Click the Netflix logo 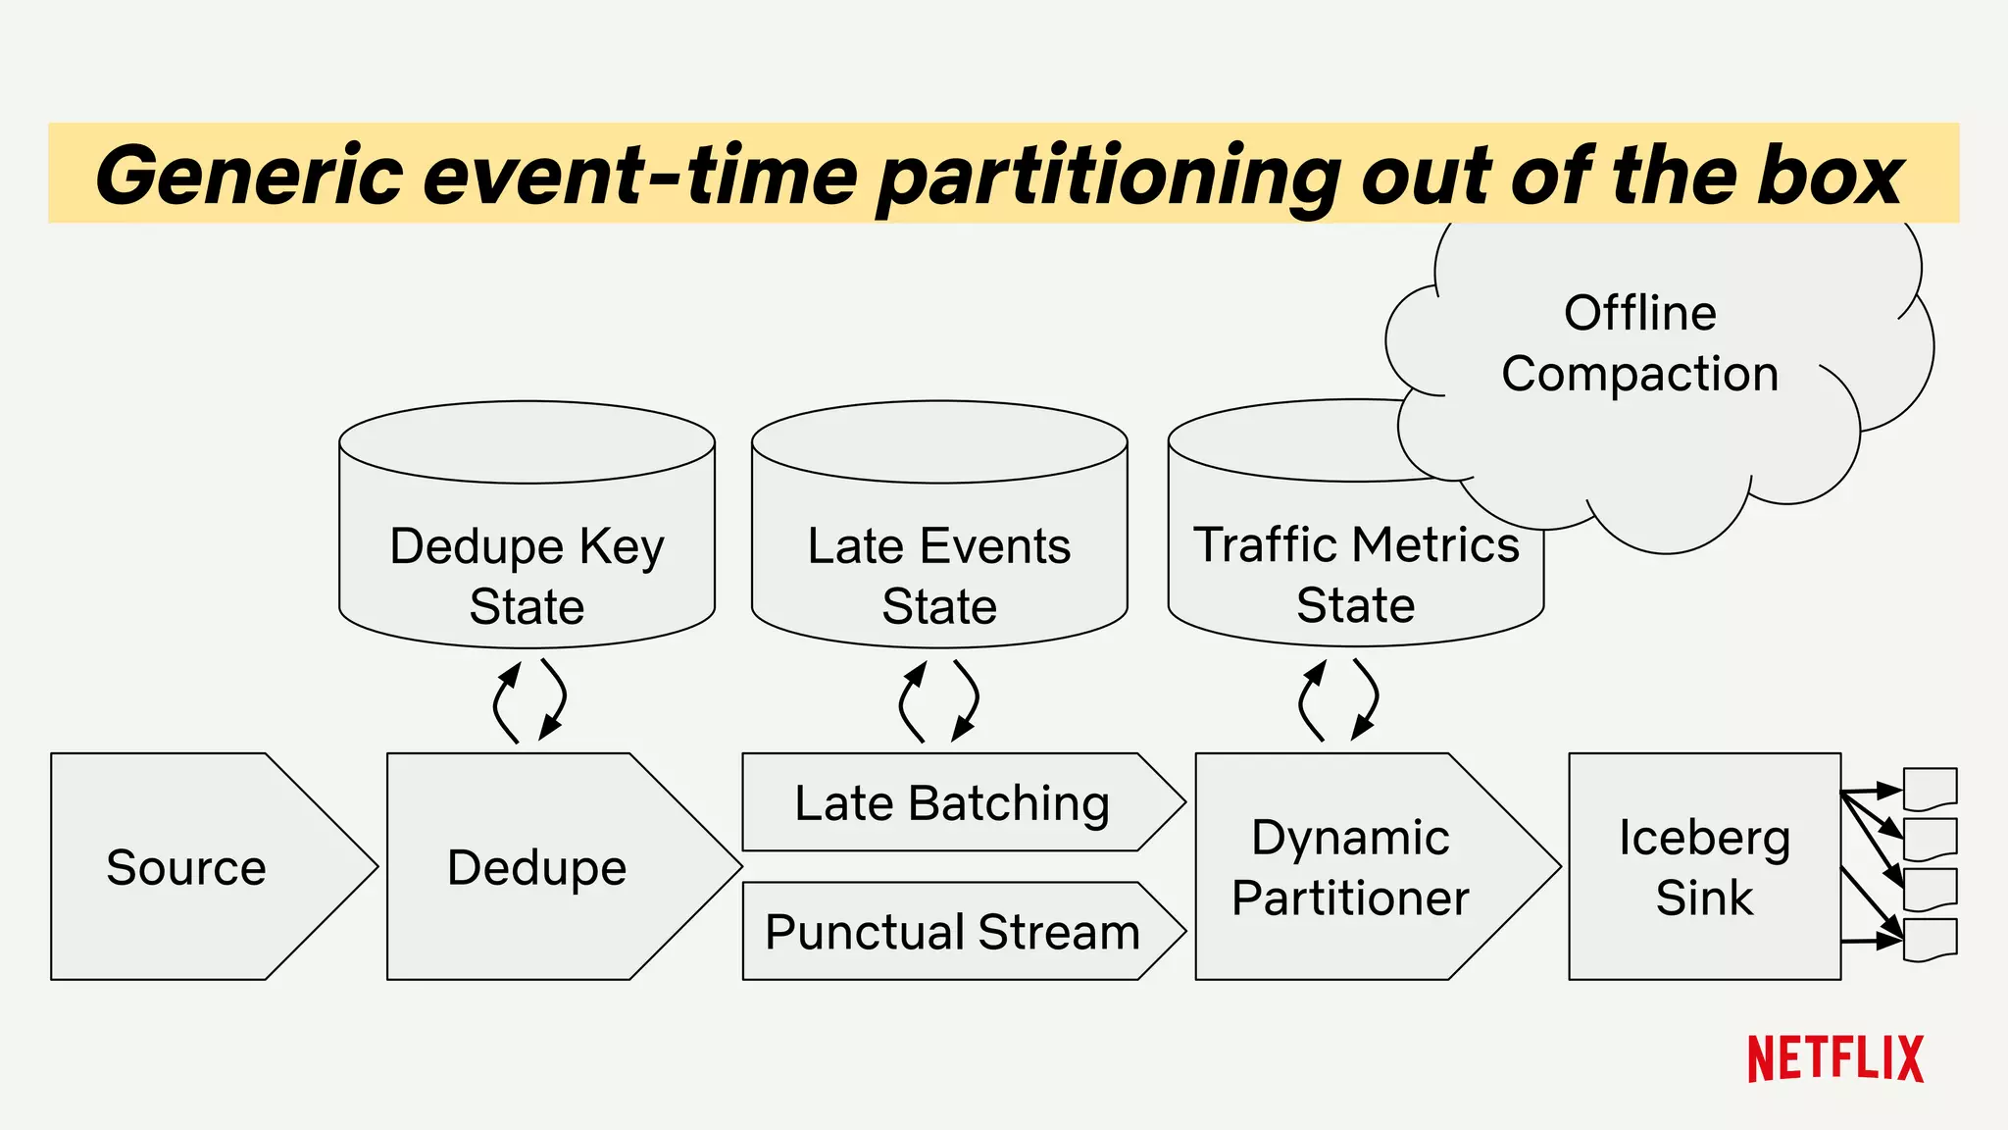[x=1834, y=1058]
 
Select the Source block [x=186, y=867]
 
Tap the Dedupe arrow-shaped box [x=537, y=867]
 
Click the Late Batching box [x=951, y=802]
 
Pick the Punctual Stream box [x=951, y=931]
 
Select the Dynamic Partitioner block [x=1351, y=867]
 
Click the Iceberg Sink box [x=1704, y=867]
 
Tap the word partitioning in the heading [x=1108, y=177]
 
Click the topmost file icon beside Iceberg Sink [x=1930, y=788]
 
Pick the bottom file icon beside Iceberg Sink [x=1930, y=940]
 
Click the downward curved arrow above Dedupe [x=556, y=699]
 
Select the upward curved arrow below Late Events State [x=909, y=700]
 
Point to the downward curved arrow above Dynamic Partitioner [x=1368, y=698]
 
